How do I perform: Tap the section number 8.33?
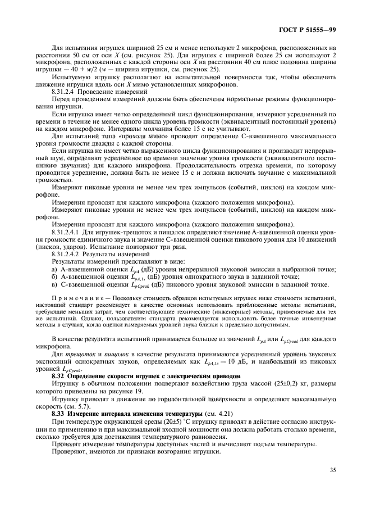click(x=59, y=412)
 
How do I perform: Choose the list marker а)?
click(x=55, y=270)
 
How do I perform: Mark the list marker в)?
click(x=55, y=284)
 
